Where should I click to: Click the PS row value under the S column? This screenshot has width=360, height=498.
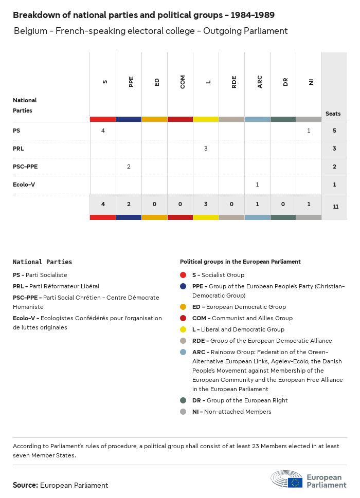coord(103,131)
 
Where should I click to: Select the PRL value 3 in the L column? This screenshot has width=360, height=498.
coord(206,149)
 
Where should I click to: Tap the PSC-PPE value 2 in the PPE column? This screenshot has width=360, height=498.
coord(129,167)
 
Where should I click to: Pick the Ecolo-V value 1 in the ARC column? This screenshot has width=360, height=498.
coord(257,185)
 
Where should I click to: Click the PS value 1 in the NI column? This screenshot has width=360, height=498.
coord(309,131)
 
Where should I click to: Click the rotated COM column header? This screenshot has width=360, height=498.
coord(183,82)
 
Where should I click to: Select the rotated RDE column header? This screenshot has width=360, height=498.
coord(234,82)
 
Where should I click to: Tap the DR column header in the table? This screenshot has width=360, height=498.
coord(285,82)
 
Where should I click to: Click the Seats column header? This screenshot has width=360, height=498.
coord(333,114)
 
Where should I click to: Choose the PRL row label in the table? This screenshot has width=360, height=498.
coord(19,149)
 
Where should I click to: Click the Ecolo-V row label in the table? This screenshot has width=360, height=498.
coord(24,185)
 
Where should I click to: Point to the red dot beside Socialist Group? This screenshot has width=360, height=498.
coord(183,275)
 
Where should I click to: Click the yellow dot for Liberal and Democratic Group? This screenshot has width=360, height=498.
coord(183,329)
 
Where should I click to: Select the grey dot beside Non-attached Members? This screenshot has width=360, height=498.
coord(183,412)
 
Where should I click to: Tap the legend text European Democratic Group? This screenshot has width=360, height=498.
coord(239,307)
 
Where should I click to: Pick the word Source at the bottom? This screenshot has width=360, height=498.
coord(25,485)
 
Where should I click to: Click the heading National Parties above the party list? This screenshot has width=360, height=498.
coord(42,262)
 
